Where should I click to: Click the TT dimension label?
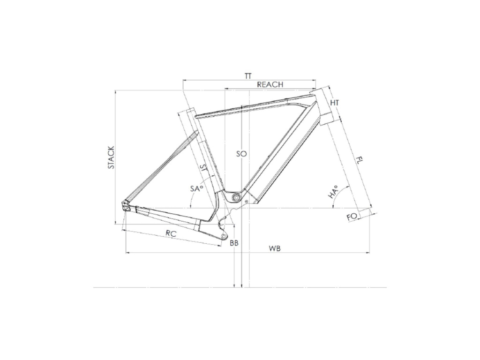(248, 76)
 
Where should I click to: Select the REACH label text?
(270, 84)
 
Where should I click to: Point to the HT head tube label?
(335, 103)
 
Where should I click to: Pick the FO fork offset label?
(352, 217)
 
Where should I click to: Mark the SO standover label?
(241, 154)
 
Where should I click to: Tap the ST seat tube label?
(203, 167)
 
